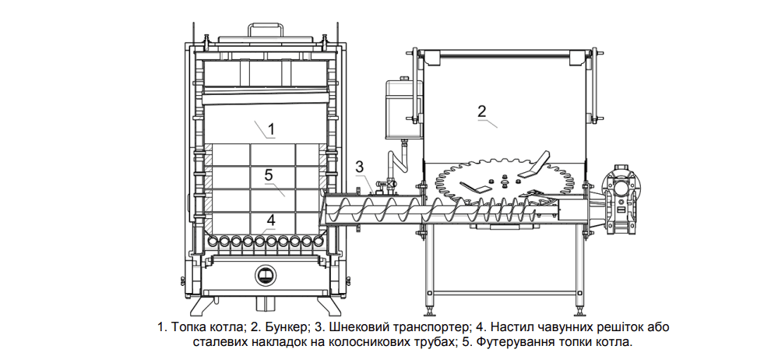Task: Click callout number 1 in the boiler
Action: coord(270,127)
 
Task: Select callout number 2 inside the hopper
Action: coord(482,109)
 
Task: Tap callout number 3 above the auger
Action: coord(359,166)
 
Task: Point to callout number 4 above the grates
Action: coord(270,219)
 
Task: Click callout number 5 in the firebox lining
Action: coord(269,175)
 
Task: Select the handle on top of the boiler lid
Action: coord(266,30)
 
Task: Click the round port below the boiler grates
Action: coord(266,274)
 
